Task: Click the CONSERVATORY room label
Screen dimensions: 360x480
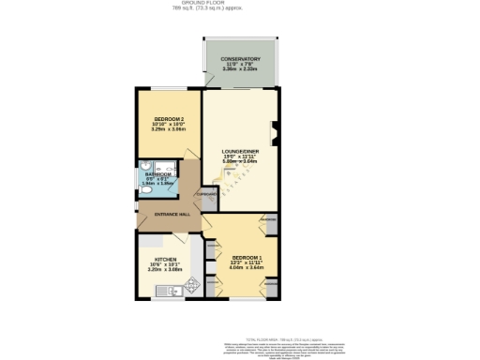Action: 240,59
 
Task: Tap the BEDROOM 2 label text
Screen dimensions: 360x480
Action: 169,118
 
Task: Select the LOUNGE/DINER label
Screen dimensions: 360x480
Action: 239,151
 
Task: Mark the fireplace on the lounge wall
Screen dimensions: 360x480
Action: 274,131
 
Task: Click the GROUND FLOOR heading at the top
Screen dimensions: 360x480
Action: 240,4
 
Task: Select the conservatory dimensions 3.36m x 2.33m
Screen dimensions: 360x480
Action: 240,70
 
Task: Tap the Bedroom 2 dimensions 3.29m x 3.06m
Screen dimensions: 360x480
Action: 169,129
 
